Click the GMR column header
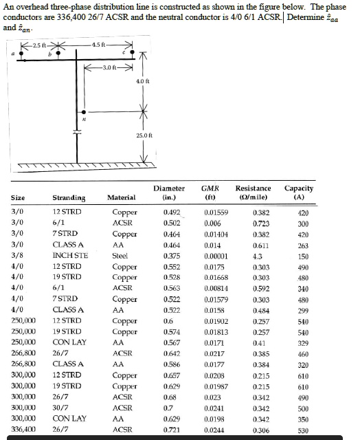210,192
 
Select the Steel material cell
120,256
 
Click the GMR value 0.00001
216,256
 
